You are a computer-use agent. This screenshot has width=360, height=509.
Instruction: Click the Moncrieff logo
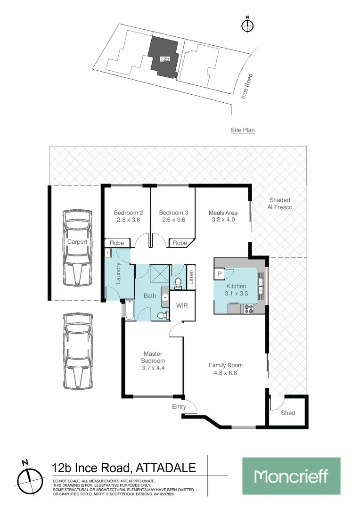tap(291, 476)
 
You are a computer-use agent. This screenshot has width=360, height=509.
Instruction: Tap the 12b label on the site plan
tap(164, 59)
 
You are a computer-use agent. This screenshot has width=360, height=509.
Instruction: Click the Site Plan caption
tap(243, 130)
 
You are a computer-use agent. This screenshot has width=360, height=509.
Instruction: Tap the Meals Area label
tap(223, 213)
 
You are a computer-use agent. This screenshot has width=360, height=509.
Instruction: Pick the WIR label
tap(182, 305)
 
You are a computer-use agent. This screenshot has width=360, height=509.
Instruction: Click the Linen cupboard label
tap(191, 276)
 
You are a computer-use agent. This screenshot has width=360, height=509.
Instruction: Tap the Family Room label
tap(226, 365)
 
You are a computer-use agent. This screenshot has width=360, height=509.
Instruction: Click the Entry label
tap(179, 406)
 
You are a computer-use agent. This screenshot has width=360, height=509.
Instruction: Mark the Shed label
tap(288, 413)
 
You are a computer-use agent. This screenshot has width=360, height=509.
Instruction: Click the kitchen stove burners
tap(248, 309)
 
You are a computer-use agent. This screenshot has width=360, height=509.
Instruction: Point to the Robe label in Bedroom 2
tap(117, 243)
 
